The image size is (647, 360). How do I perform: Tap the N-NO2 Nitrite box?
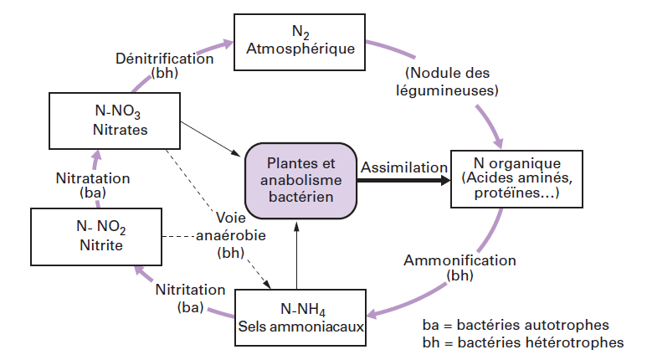click(94, 237)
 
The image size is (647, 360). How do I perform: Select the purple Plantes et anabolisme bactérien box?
click(300, 179)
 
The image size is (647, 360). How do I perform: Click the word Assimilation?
click(404, 167)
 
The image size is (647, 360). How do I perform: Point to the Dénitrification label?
click(166, 59)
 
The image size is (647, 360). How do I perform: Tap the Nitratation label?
click(92, 178)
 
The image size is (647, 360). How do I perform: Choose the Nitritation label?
click(190, 290)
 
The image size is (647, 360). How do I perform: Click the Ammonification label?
click(460, 260)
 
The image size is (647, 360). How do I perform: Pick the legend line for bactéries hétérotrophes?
click(523, 342)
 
